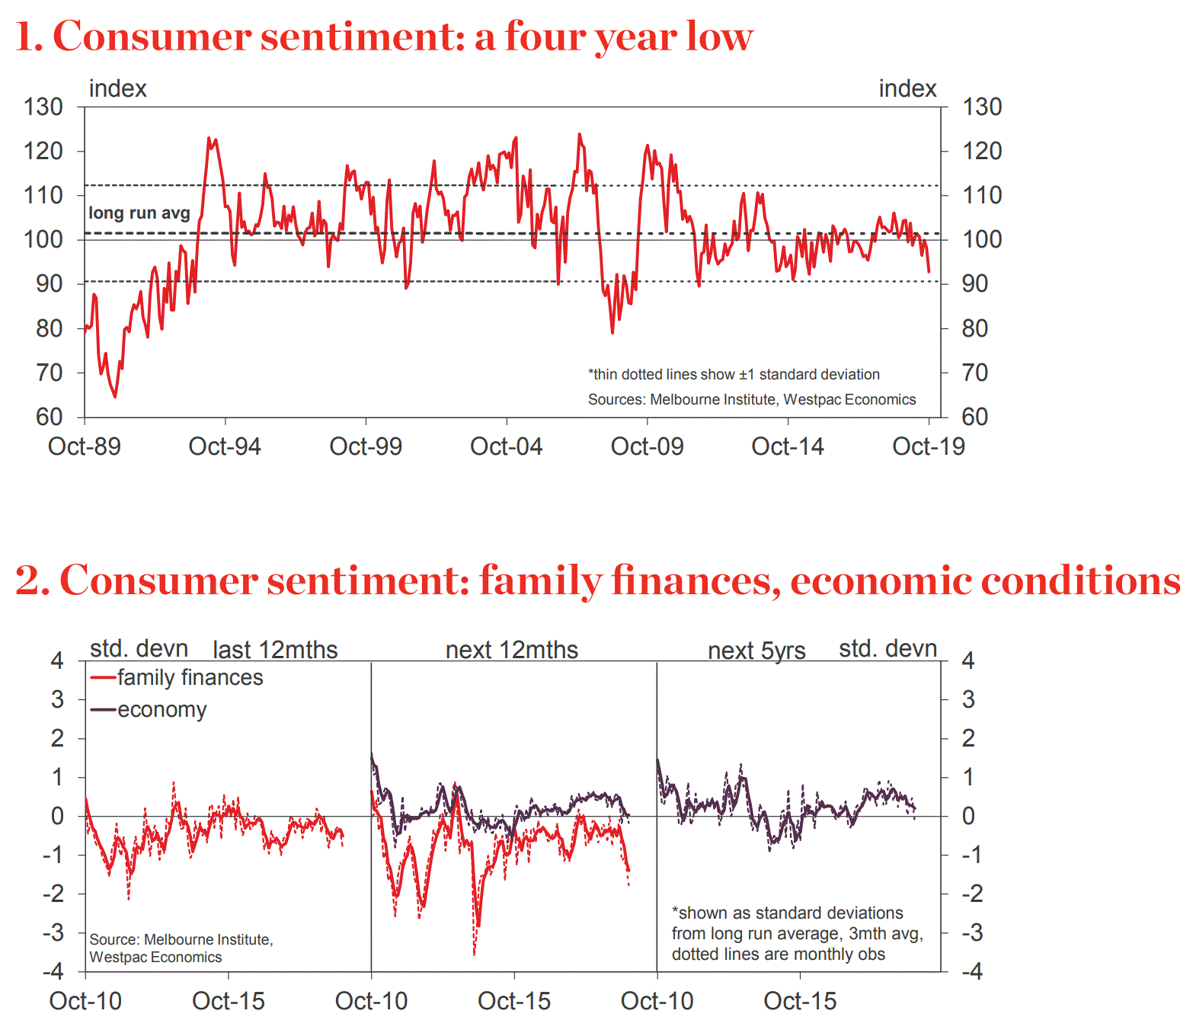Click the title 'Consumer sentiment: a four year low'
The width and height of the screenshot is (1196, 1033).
(402, 37)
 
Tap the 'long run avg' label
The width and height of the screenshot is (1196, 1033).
(139, 213)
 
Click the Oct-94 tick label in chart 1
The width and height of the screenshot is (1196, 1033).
(225, 446)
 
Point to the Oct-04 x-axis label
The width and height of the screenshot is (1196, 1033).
(507, 446)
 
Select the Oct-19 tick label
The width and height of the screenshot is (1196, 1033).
(929, 446)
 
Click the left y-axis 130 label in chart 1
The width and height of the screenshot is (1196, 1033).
(43, 107)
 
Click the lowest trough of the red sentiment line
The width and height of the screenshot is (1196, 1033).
(115, 396)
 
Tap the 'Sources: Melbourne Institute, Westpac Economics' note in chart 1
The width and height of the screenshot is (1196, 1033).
(752, 399)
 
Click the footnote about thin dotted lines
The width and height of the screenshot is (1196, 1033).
(734, 374)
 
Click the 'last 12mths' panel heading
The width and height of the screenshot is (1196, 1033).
(275, 650)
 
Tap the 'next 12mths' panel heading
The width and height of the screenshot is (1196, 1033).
(512, 650)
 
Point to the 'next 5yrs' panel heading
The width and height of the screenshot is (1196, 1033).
(756, 651)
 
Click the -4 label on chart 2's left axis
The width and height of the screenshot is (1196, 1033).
(53, 971)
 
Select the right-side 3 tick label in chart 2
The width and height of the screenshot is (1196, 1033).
(967, 699)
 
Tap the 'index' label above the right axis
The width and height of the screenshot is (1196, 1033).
(907, 88)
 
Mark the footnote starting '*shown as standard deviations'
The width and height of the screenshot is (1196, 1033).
(797, 933)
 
